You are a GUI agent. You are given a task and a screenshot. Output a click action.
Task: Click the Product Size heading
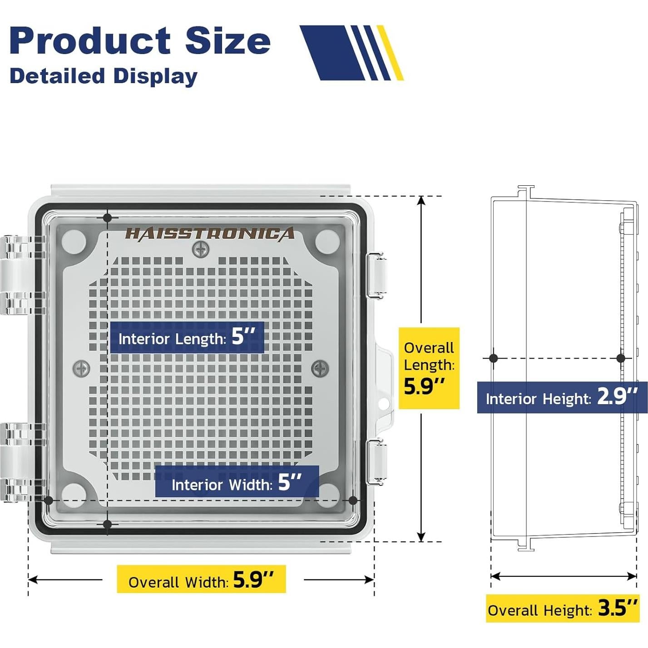click(x=140, y=40)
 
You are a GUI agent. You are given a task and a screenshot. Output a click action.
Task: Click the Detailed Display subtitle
click(x=104, y=76)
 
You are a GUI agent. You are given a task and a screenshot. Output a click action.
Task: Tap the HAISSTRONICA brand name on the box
click(x=209, y=234)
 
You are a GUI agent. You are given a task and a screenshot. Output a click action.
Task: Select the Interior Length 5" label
click(x=187, y=337)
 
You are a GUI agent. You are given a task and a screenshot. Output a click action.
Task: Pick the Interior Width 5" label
click(x=237, y=482)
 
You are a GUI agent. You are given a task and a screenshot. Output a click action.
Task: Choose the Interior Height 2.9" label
click(x=562, y=397)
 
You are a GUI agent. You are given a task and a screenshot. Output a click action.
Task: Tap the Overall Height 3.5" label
click(x=563, y=608)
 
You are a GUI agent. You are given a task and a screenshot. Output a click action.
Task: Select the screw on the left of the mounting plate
click(x=82, y=368)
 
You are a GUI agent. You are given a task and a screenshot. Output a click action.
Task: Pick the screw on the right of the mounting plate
click(x=321, y=367)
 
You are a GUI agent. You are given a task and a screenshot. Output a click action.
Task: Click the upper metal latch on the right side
click(x=376, y=276)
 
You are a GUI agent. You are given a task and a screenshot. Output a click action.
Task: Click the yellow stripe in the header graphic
click(x=391, y=53)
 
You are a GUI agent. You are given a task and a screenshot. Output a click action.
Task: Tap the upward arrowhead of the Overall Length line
click(x=422, y=201)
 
